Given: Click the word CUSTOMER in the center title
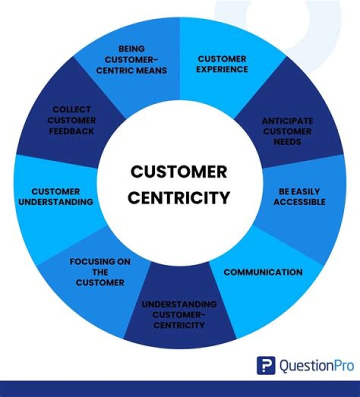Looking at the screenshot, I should click(178, 172).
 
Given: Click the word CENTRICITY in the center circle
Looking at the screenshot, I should click(178, 197).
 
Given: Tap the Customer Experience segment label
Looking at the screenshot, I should click(221, 64).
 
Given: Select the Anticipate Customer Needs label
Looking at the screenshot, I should click(287, 131).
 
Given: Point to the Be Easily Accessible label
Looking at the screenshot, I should click(299, 196).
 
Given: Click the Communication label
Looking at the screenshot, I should click(263, 272).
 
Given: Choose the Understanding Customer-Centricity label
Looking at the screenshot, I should click(179, 314).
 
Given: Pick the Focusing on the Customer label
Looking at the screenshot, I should click(100, 272).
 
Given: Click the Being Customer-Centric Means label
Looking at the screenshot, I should click(131, 59).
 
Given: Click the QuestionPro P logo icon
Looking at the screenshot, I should click(266, 365).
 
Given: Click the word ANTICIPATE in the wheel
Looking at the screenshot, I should click(287, 121).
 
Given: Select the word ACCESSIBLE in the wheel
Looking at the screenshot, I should click(299, 202).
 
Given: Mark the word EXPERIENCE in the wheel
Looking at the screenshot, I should click(221, 69).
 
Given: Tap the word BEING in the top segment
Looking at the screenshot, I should click(131, 49).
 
